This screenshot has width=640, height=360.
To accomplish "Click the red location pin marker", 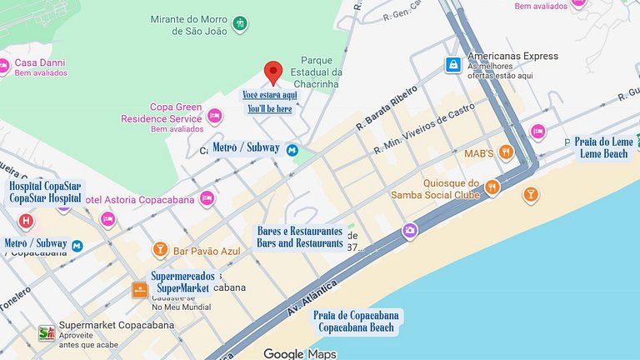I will [273, 72].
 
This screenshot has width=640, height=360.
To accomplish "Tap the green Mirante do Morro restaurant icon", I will [241, 22].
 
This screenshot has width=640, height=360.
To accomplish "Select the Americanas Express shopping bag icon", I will [452, 64].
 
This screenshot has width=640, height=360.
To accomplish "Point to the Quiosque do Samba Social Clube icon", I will [492, 187].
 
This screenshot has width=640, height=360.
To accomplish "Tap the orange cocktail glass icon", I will [530, 195].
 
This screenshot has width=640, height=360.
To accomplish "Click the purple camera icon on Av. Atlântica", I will [410, 230].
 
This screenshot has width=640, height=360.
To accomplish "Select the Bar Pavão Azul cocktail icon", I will [159, 249].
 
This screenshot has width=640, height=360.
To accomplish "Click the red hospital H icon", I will [26, 221].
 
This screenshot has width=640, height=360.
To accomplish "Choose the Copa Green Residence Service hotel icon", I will [215, 116].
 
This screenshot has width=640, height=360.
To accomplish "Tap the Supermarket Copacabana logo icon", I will [47, 333].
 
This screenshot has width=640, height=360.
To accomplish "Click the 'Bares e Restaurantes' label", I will [299, 237].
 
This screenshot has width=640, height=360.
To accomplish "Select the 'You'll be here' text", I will [269, 108].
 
